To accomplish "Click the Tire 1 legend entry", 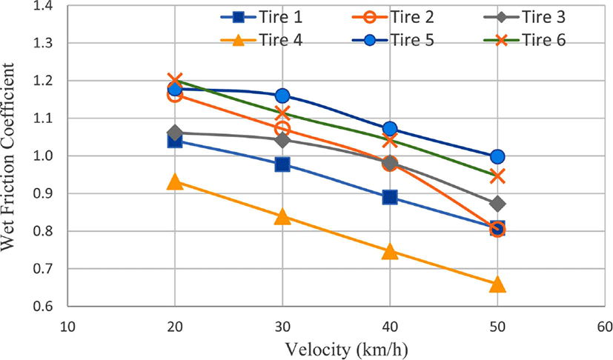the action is click(x=261, y=17).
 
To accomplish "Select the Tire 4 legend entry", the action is click(x=261, y=40).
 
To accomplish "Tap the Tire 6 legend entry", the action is click(x=525, y=40).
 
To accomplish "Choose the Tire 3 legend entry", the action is click(x=525, y=17).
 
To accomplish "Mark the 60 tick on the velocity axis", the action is click(x=604, y=326).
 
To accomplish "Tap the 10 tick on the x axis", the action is click(x=67, y=326).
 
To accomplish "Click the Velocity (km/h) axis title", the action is click(x=346, y=349).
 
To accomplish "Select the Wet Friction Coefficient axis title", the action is click(x=8, y=157).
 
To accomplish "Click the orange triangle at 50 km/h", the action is click(x=497, y=285).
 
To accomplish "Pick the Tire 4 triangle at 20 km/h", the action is click(x=175, y=181).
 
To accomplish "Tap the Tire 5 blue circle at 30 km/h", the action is click(x=282, y=96).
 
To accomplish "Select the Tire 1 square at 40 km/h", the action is click(x=390, y=197).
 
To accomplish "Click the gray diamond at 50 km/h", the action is click(x=497, y=204).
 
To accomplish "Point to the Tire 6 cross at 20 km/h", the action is click(x=175, y=80).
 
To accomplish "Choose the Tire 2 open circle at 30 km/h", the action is click(x=282, y=128).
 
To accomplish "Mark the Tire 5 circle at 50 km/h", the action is click(x=497, y=157).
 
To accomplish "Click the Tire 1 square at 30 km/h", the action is click(x=282, y=164).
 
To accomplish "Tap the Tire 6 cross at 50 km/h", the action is click(x=497, y=177).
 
